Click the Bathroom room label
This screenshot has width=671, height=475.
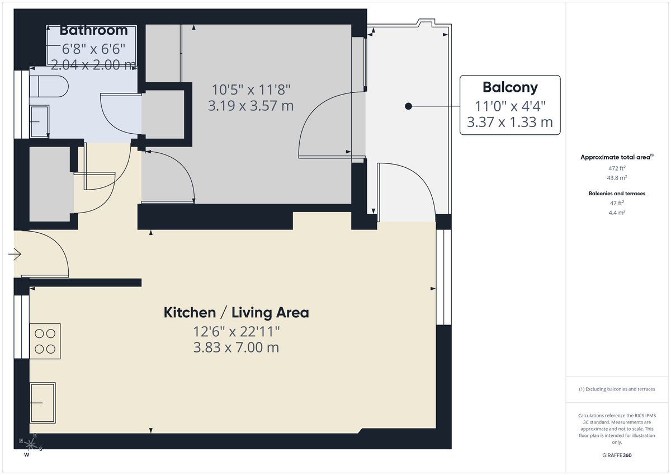(x=93, y=30)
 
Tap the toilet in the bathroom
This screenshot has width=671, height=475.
(x=49, y=86)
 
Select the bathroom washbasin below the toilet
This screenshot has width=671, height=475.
(x=39, y=120)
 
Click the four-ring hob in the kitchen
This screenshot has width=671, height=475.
(x=45, y=341)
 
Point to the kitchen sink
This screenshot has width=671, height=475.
(x=43, y=402)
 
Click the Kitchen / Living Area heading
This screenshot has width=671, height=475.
(x=236, y=312)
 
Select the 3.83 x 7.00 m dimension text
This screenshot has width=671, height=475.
(x=236, y=347)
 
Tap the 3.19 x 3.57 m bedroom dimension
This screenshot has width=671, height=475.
(x=251, y=105)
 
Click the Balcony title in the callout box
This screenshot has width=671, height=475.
(x=510, y=87)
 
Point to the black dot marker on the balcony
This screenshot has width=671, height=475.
(x=408, y=106)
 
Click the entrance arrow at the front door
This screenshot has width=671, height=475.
(x=15, y=255)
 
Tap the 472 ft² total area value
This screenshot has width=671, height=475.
(x=617, y=168)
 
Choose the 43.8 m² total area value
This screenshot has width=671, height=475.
(x=617, y=177)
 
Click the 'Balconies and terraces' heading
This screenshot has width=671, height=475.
(x=617, y=194)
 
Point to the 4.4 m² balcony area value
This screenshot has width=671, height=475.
(x=617, y=213)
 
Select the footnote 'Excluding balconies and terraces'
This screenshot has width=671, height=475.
(x=617, y=389)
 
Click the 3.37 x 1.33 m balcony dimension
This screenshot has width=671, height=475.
(x=510, y=122)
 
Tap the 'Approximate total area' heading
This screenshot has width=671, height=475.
(x=616, y=157)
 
